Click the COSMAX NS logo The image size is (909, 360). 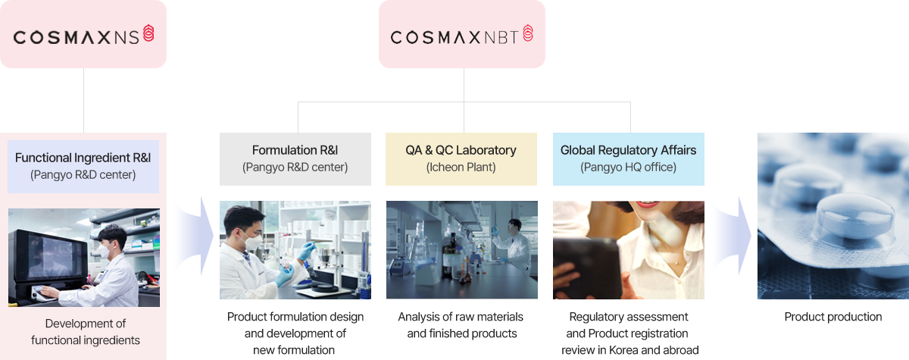point(83,35)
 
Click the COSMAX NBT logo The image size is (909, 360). point(462,35)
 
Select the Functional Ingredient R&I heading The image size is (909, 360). point(83,158)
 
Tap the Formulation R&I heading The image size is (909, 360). point(295,150)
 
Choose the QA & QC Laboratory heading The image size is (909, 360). point(461,150)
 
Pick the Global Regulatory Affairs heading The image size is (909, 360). point(628,150)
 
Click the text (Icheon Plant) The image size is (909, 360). point(461,167)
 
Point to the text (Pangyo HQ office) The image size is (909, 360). point(628,167)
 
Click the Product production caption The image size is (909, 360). point(833,317)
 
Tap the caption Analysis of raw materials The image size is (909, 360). point(461,317)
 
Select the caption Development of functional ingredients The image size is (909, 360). point(85,332)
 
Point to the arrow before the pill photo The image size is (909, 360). point(732,236)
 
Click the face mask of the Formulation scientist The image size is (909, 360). point(252,240)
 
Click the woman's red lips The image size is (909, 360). point(646,205)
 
